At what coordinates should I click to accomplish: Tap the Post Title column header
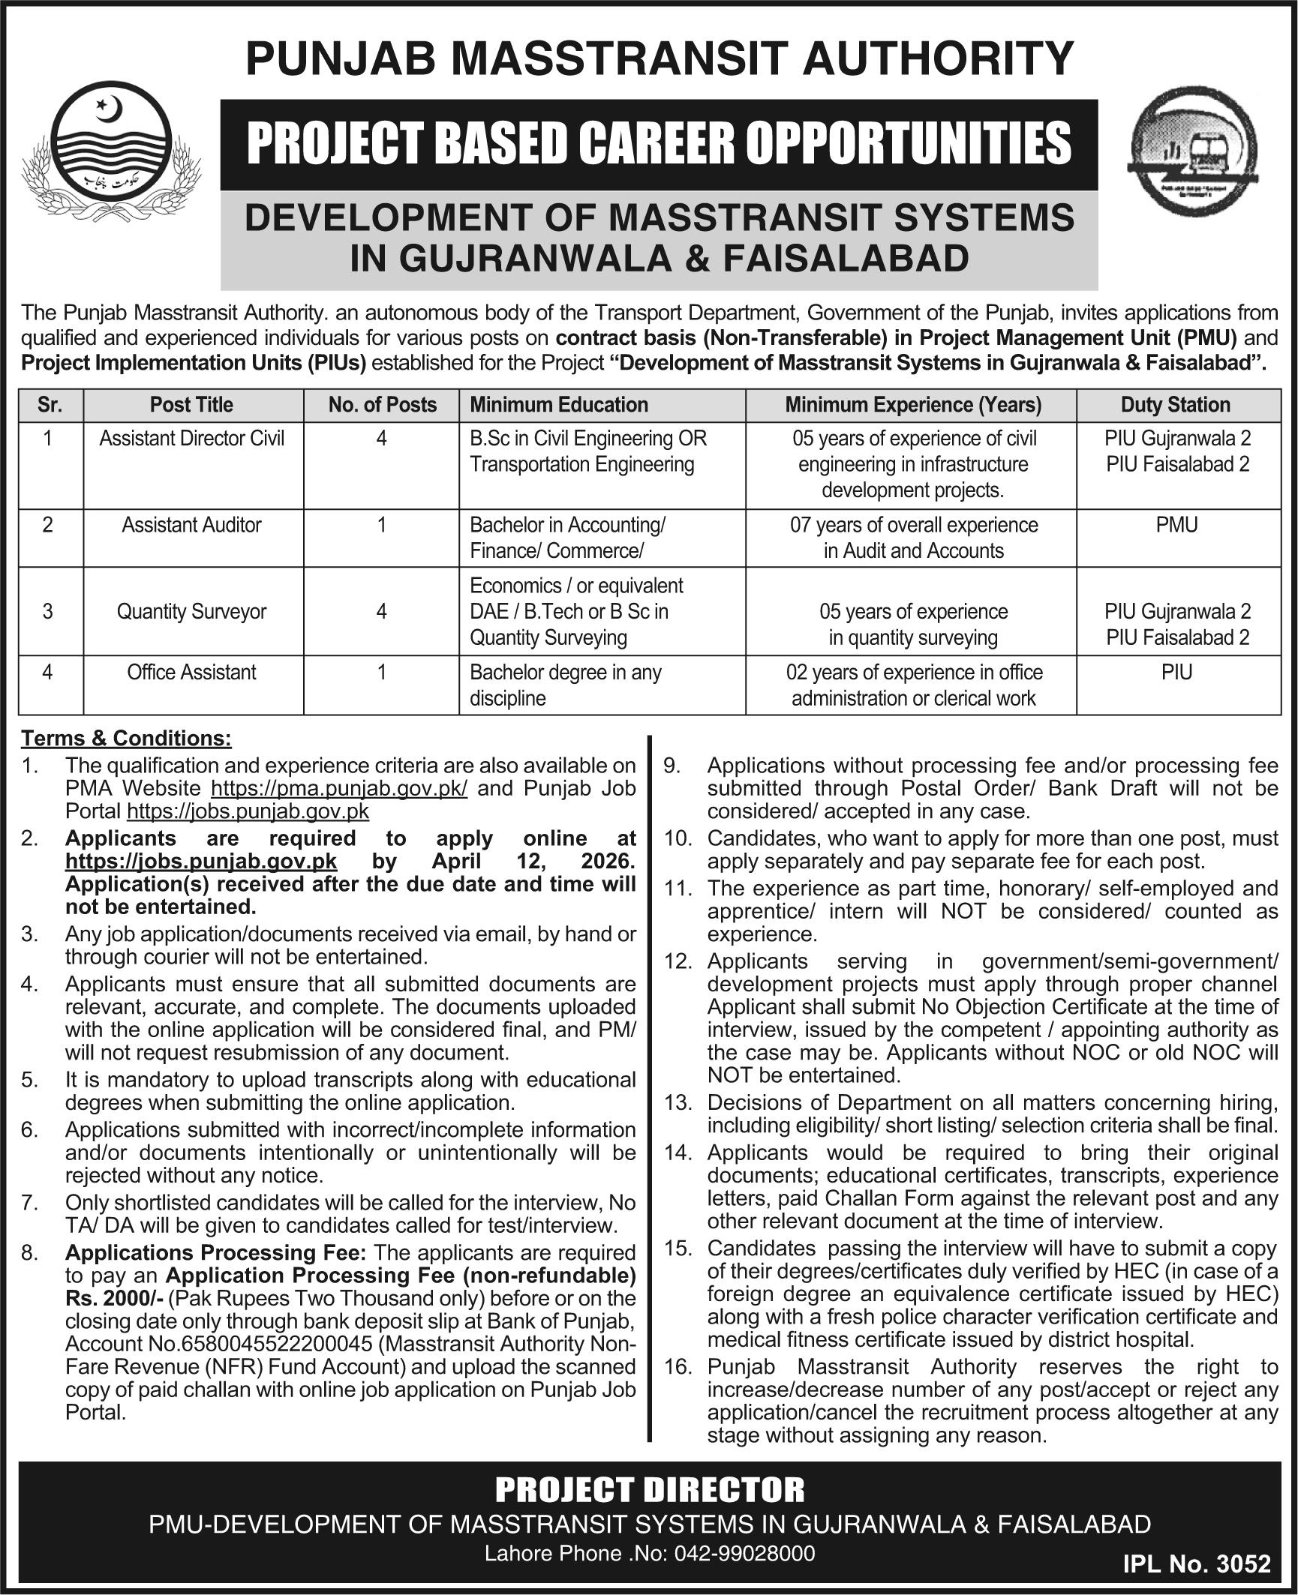click(191, 405)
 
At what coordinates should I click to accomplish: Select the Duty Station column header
click(1176, 405)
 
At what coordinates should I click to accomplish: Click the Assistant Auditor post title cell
click(191, 525)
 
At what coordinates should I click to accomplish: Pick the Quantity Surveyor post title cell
click(191, 611)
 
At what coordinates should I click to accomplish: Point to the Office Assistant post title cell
click(191, 672)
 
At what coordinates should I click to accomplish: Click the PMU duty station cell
click(1176, 525)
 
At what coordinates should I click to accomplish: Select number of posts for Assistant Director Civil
click(381, 438)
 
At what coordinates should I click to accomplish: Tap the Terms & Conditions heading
click(126, 739)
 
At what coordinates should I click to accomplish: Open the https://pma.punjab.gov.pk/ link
click(340, 788)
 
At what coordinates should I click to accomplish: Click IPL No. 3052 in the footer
click(1197, 1563)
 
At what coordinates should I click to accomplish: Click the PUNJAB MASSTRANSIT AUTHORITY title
click(660, 58)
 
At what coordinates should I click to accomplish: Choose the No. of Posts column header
click(382, 405)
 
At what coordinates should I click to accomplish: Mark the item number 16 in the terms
click(678, 1367)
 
